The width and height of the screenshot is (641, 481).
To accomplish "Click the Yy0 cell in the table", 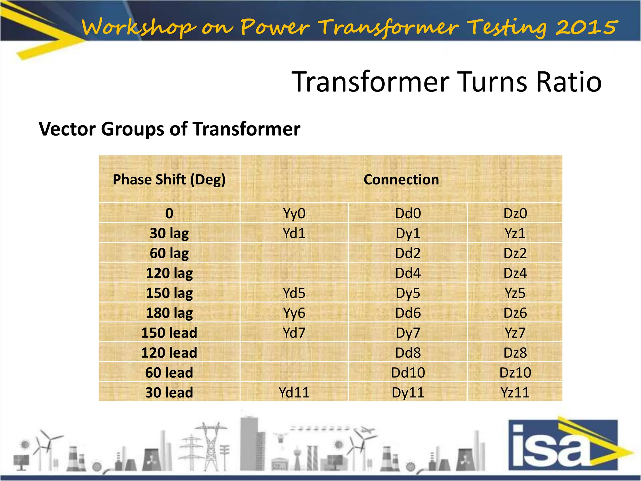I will point(294,214).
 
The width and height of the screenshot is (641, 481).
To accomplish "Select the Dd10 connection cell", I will point(408,373).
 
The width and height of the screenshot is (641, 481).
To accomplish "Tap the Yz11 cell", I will point(515,392).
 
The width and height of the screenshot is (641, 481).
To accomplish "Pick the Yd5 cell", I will point(294,293).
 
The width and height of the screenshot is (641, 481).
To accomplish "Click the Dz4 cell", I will point(515,273).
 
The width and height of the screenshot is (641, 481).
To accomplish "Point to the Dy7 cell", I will point(408,333).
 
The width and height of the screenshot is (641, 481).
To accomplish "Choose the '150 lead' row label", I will point(169,333).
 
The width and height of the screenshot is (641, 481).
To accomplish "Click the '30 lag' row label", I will point(169,233).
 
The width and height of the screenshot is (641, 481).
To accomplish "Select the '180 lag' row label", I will point(169,313).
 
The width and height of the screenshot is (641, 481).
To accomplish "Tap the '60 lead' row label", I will point(169,373).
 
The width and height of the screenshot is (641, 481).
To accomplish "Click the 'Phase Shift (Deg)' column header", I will point(169,179).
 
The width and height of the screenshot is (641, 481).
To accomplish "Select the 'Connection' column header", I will point(401,179).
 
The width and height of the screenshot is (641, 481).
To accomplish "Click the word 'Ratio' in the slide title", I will point(568,82).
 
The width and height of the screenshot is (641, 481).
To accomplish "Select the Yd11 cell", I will point(294,392).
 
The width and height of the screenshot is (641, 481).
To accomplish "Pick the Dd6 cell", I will point(408,313).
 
